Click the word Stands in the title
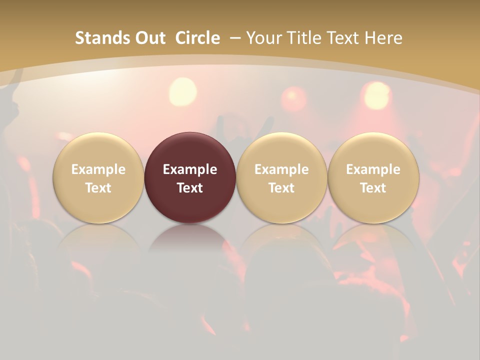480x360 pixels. [101, 38]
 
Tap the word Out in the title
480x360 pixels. [150, 38]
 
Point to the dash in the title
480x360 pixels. [234, 38]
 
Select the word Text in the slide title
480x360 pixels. [342, 38]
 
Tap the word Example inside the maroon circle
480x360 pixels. [190, 169]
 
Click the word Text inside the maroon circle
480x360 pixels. [190, 188]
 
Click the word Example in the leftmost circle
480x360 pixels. [98, 169]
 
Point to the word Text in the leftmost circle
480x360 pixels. [98, 188]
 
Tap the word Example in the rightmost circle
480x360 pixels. [373, 169]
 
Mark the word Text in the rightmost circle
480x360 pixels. [373, 188]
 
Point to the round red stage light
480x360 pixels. [294, 97]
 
